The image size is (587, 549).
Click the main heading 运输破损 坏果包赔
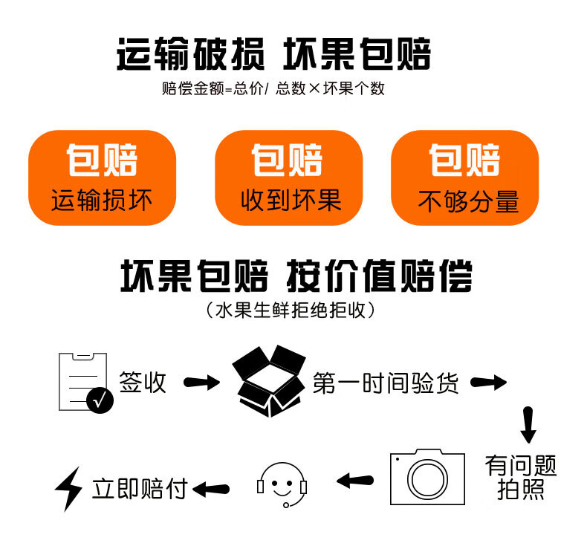[273, 54]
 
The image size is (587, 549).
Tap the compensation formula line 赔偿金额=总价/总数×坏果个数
[273, 88]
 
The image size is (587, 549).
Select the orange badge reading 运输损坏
[103, 178]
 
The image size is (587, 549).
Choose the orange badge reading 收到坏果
[288, 178]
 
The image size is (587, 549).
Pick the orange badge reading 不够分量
[465, 178]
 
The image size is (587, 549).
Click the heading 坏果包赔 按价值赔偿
[296, 276]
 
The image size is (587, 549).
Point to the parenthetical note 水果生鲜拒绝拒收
[291, 311]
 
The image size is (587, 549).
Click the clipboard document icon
[83, 382]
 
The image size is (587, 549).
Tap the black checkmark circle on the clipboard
[100, 400]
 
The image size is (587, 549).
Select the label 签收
[143, 382]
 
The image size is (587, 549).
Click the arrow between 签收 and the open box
[202, 383]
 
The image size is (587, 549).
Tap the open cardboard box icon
[269, 381]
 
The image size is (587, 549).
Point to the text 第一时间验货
[386, 383]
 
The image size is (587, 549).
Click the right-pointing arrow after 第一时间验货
[488, 383]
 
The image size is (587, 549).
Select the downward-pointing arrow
[528, 425]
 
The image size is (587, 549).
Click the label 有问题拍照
[521, 477]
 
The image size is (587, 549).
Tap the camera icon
[427, 477]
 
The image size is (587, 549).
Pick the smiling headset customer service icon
[282, 485]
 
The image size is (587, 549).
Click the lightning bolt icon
[68, 489]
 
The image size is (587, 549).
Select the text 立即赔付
[140, 488]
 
